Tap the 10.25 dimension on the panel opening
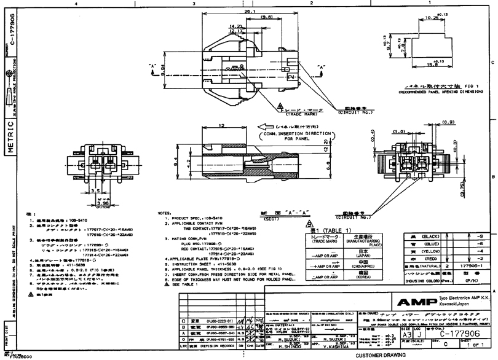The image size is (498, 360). (431, 18)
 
